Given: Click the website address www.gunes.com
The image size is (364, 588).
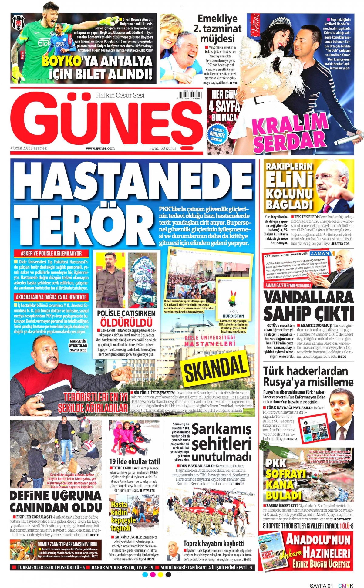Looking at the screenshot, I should pyautogui.click(x=100, y=148).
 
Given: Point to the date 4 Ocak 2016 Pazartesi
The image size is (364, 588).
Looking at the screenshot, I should pyautogui.click(x=29, y=148).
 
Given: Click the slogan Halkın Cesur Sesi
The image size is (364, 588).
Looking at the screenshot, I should pyautogui.click(x=120, y=95).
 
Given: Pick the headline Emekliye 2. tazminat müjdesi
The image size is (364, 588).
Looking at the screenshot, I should pyautogui.click(x=217, y=29).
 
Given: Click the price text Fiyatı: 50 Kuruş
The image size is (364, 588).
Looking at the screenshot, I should pyautogui.click(x=163, y=148).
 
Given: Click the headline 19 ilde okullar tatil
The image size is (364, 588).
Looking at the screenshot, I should pyautogui.click(x=134, y=461).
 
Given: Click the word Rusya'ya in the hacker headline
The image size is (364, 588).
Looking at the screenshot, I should pyautogui.click(x=285, y=382).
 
